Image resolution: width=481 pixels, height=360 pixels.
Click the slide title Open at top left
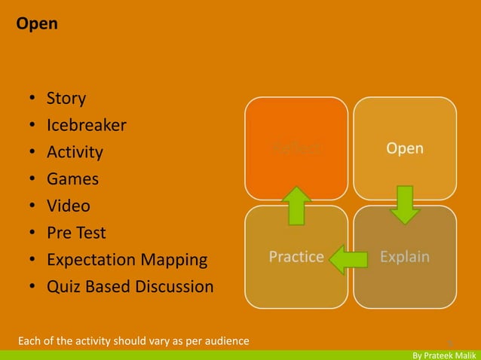(x=37, y=24)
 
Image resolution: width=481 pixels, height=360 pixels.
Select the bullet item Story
(x=66, y=99)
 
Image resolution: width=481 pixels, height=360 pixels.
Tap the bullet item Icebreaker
(x=86, y=125)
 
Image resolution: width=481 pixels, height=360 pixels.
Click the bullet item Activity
(x=75, y=152)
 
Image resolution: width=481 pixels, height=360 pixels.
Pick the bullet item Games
(x=72, y=179)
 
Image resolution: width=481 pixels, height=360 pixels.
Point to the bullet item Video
(x=69, y=206)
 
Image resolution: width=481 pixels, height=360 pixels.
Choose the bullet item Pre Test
(x=76, y=233)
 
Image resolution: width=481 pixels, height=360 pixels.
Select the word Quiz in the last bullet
(x=63, y=287)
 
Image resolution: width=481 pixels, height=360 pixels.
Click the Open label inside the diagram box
(x=405, y=148)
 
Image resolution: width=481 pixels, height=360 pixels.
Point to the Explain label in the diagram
(x=405, y=257)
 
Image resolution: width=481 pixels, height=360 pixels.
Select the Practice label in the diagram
(x=296, y=257)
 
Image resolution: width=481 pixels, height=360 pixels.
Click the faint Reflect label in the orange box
(x=296, y=148)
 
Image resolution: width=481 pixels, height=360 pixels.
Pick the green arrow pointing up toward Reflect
(x=296, y=205)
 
